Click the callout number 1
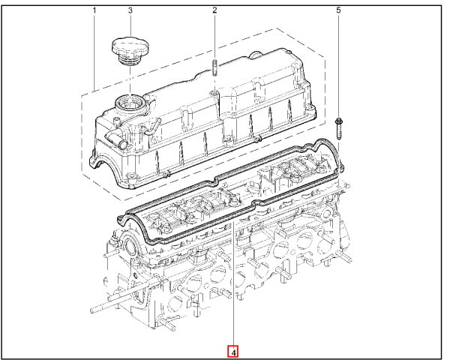coord(94,10)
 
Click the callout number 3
coord(130,10)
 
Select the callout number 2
coord(214,10)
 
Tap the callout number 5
coord(339,10)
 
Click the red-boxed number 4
coord(233,352)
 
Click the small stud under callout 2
coord(214,67)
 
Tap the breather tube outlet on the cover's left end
coord(116,139)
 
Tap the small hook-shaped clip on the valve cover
coord(151,128)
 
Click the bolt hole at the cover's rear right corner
coord(310,109)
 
